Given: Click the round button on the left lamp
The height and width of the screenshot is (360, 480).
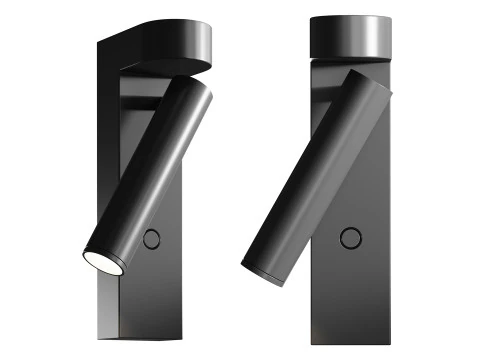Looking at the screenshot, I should [152, 238].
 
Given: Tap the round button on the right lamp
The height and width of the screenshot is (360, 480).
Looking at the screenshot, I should [350, 237].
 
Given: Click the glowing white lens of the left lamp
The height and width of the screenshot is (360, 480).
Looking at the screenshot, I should [100, 260].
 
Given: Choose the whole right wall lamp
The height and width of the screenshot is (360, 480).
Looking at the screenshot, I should [330, 180].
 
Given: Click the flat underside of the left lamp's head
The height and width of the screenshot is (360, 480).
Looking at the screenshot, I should [165, 67].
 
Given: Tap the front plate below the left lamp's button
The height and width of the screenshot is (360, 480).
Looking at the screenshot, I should [155, 290].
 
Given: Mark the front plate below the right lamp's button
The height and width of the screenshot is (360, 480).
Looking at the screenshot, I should [350, 290].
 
